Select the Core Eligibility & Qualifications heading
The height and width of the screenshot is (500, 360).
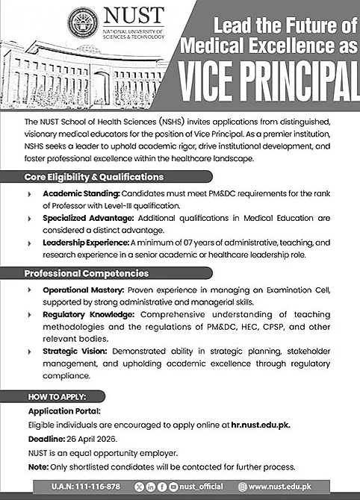(x=94, y=177)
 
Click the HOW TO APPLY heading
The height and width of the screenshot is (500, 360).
(x=58, y=396)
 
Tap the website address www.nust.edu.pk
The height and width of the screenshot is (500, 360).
(x=308, y=486)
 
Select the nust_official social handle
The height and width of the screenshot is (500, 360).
(x=203, y=486)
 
